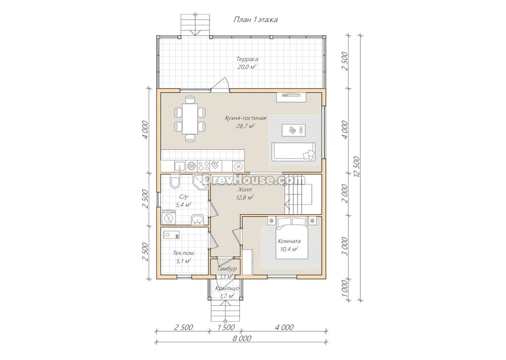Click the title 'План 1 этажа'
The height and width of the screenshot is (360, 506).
coord(256,20)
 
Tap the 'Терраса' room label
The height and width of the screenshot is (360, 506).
coord(247,59)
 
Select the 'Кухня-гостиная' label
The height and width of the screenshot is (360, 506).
coord(245,118)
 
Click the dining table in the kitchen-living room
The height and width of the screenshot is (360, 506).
coord(190,118)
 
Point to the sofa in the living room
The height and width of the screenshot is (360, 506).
coord(293,151)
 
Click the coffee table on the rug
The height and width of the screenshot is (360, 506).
coord(293,130)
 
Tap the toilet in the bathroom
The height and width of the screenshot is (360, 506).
coord(174,182)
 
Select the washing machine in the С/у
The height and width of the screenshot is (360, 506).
coord(168,217)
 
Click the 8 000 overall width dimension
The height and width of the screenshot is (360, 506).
coord(242,339)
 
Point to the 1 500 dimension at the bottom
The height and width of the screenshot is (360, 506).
coord(226,328)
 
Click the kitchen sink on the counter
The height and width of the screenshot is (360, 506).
coord(180,166)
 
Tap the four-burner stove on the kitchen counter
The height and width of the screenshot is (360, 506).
coord(203,166)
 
